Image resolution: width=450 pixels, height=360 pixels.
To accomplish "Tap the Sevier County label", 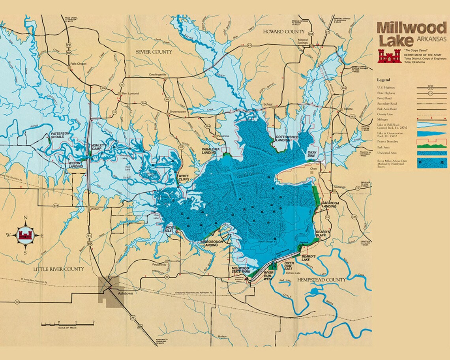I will (x=154, y=52).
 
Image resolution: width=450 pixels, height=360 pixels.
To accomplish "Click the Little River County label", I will (x=59, y=269).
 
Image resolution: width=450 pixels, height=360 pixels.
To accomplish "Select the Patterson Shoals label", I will (x=60, y=135).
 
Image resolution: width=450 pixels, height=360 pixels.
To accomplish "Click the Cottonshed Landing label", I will (x=287, y=138).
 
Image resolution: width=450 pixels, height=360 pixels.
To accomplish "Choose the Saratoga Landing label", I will (x=329, y=204).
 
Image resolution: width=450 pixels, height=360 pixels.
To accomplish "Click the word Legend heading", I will (x=383, y=80).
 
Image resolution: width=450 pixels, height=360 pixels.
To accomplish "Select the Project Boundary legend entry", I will (x=388, y=141).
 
